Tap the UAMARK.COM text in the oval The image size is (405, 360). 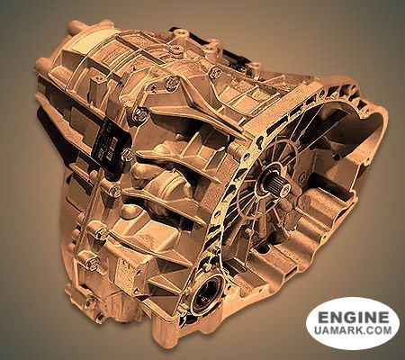[x=354, y=330]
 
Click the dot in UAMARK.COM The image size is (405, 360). [x=365, y=333]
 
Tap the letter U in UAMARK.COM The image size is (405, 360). [x=319, y=330]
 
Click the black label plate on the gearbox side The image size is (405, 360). [x=111, y=144]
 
